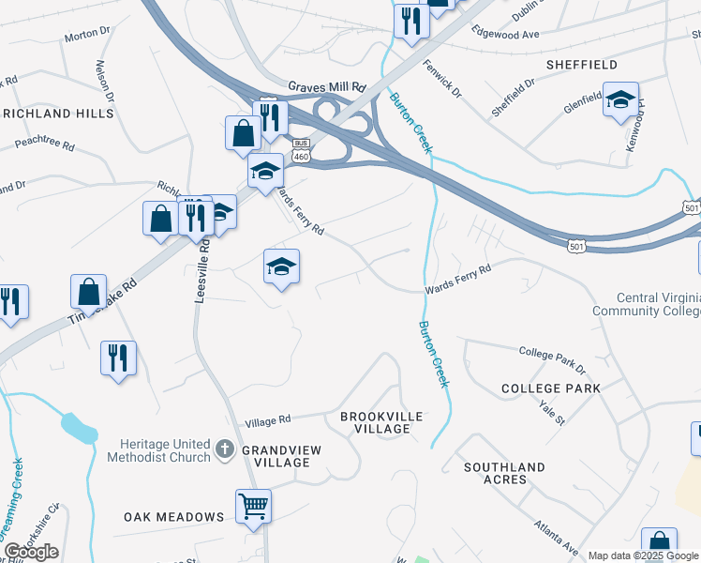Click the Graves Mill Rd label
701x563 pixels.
click(326, 85)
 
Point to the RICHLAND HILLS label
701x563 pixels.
click(57, 114)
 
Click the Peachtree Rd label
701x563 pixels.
click(44, 145)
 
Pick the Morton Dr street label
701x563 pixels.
click(87, 37)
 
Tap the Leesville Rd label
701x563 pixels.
click(200, 271)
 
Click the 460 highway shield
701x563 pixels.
click(300, 157)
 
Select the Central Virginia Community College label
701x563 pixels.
click(646, 304)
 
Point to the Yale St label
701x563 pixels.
click(552, 411)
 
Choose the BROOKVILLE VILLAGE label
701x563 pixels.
click(381, 422)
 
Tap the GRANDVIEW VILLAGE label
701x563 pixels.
click(281, 456)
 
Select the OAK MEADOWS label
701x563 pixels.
click(174, 517)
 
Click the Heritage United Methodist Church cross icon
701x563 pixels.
click(224, 449)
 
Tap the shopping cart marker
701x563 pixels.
click(253, 507)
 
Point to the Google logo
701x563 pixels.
click(31, 552)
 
